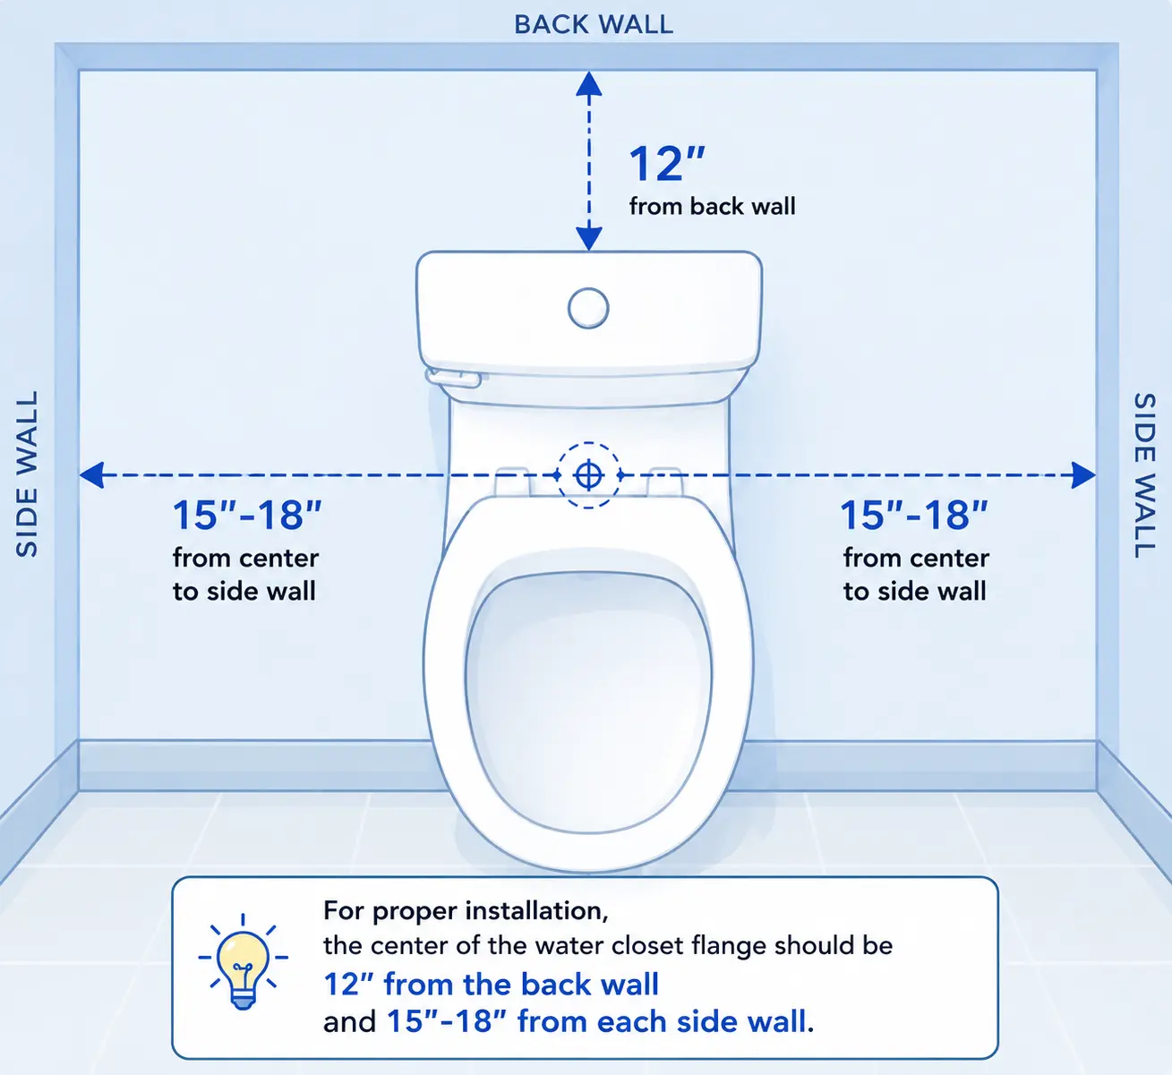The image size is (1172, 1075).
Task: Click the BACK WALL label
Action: click(594, 24)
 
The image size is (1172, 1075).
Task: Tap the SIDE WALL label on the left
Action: click(27, 474)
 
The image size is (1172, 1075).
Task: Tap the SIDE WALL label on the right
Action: click(1144, 475)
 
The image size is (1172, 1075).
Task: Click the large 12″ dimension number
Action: click(667, 164)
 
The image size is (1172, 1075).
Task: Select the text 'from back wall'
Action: click(712, 206)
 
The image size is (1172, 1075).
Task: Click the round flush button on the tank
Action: click(588, 308)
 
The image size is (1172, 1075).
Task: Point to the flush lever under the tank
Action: click(453, 379)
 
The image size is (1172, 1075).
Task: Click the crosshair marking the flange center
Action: click(588, 475)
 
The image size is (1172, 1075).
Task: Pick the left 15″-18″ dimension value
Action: click(246, 515)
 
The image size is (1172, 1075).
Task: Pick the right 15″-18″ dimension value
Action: click(914, 515)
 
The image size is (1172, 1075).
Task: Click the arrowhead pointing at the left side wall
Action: click(91, 475)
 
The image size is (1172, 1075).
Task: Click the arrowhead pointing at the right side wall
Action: click(1083, 475)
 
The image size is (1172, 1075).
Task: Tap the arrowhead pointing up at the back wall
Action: click(589, 84)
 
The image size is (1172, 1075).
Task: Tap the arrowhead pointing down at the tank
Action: click(589, 238)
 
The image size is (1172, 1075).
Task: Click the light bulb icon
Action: click(243, 961)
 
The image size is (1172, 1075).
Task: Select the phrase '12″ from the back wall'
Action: click(492, 985)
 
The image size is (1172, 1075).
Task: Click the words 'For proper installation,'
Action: click(466, 910)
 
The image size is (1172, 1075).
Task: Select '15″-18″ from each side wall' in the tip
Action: click(596, 1022)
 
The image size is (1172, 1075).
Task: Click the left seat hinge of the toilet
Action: click(512, 482)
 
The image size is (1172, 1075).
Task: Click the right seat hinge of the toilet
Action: click(665, 482)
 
